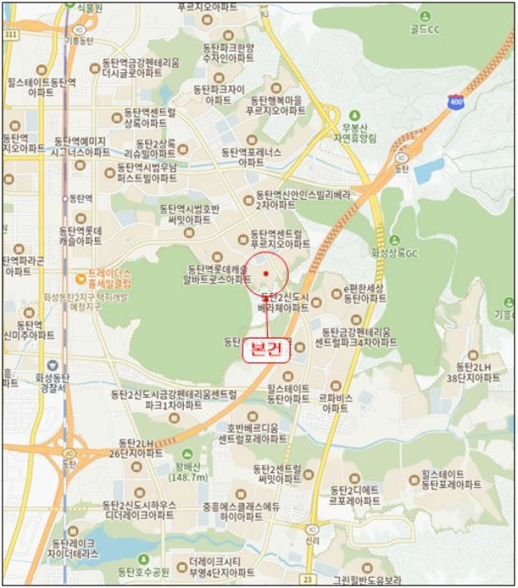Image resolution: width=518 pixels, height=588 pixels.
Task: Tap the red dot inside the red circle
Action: pyautogui.click(x=266, y=273)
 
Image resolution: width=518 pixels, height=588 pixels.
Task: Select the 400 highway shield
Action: pyautogui.click(x=455, y=100)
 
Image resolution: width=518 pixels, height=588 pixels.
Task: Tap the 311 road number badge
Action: pyautogui.click(x=10, y=35)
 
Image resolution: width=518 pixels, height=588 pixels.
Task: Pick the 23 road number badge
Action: pyautogui.click(x=308, y=579)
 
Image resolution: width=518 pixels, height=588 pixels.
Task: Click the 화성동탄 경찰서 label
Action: pyautogui.click(x=55, y=383)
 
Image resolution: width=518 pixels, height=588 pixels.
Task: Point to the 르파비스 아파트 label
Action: pyautogui.click(x=335, y=402)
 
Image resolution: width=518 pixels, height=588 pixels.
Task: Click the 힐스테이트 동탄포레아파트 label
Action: pyautogui.click(x=451, y=480)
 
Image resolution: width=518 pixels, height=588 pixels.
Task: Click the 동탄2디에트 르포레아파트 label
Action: pyautogui.click(x=356, y=495)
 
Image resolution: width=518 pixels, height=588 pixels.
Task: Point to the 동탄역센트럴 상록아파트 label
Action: pyautogui.click(x=149, y=117)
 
